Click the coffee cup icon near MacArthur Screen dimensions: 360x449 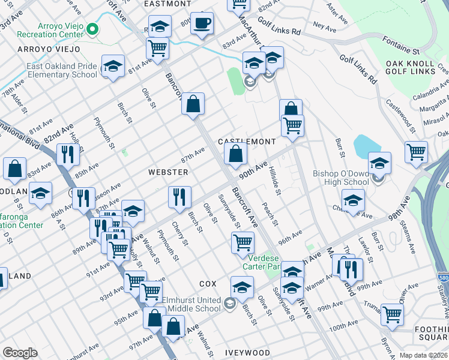(x=202, y=23)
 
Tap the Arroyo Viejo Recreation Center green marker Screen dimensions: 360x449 (x=92, y=28)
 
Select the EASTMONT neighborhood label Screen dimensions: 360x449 (x=167, y=4)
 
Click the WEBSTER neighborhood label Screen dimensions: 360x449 (x=168, y=172)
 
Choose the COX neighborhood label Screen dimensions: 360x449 (x=207, y=283)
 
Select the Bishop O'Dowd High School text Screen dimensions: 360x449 (x=341, y=178)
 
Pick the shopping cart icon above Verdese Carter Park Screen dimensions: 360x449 (x=243, y=243)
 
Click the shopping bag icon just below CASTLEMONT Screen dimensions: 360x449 (x=236, y=155)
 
